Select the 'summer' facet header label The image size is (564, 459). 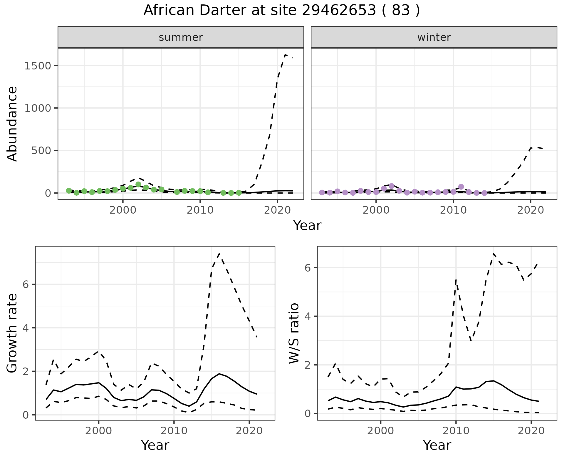click(181, 37)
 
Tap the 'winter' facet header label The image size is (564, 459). click(434, 37)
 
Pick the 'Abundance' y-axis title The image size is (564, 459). click(12, 124)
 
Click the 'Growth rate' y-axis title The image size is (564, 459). click(12, 333)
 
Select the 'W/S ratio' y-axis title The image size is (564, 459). click(294, 333)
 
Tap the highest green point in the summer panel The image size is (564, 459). click(138, 184)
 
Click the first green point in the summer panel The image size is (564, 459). click(69, 191)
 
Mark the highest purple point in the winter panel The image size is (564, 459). click(392, 186)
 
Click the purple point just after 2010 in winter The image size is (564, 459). click(461, 187)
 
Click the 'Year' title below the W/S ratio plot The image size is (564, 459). click(437, 445)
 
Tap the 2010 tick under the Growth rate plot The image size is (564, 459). click(174, 431)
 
